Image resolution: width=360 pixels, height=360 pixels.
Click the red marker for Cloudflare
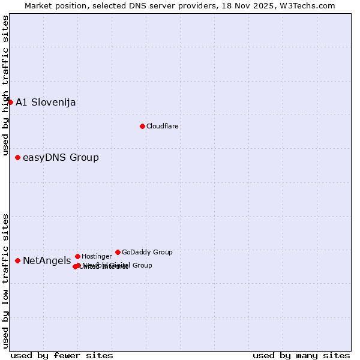(x=142, y=126)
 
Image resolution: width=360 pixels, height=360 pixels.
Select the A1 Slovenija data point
(x=10, y=102)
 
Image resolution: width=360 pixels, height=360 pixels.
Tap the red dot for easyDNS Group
(x=18, y=157)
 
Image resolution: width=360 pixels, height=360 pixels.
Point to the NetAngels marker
(x=18, y=260)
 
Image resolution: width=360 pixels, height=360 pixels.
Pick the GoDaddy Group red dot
(x=118, y=252)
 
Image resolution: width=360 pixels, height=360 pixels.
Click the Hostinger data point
(x=77, y=256)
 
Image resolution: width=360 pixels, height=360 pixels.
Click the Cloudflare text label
(x=162, y=126)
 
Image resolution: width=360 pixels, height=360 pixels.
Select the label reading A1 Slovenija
(x=46, y=102)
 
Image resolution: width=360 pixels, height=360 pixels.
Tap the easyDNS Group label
(x=61, y=157)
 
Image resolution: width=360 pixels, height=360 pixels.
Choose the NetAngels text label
(x=47, y=260)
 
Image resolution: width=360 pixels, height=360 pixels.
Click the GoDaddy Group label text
(x=147, y=252)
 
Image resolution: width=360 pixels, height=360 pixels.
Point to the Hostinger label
(x=97, y=256)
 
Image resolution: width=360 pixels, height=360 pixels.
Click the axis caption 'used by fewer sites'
(x=62, y=355)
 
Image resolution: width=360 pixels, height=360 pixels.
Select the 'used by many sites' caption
(x=301, y=355)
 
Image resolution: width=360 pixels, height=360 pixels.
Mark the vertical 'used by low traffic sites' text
(x=5, y=281)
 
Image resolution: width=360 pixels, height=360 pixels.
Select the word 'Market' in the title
(x=38, y=5)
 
